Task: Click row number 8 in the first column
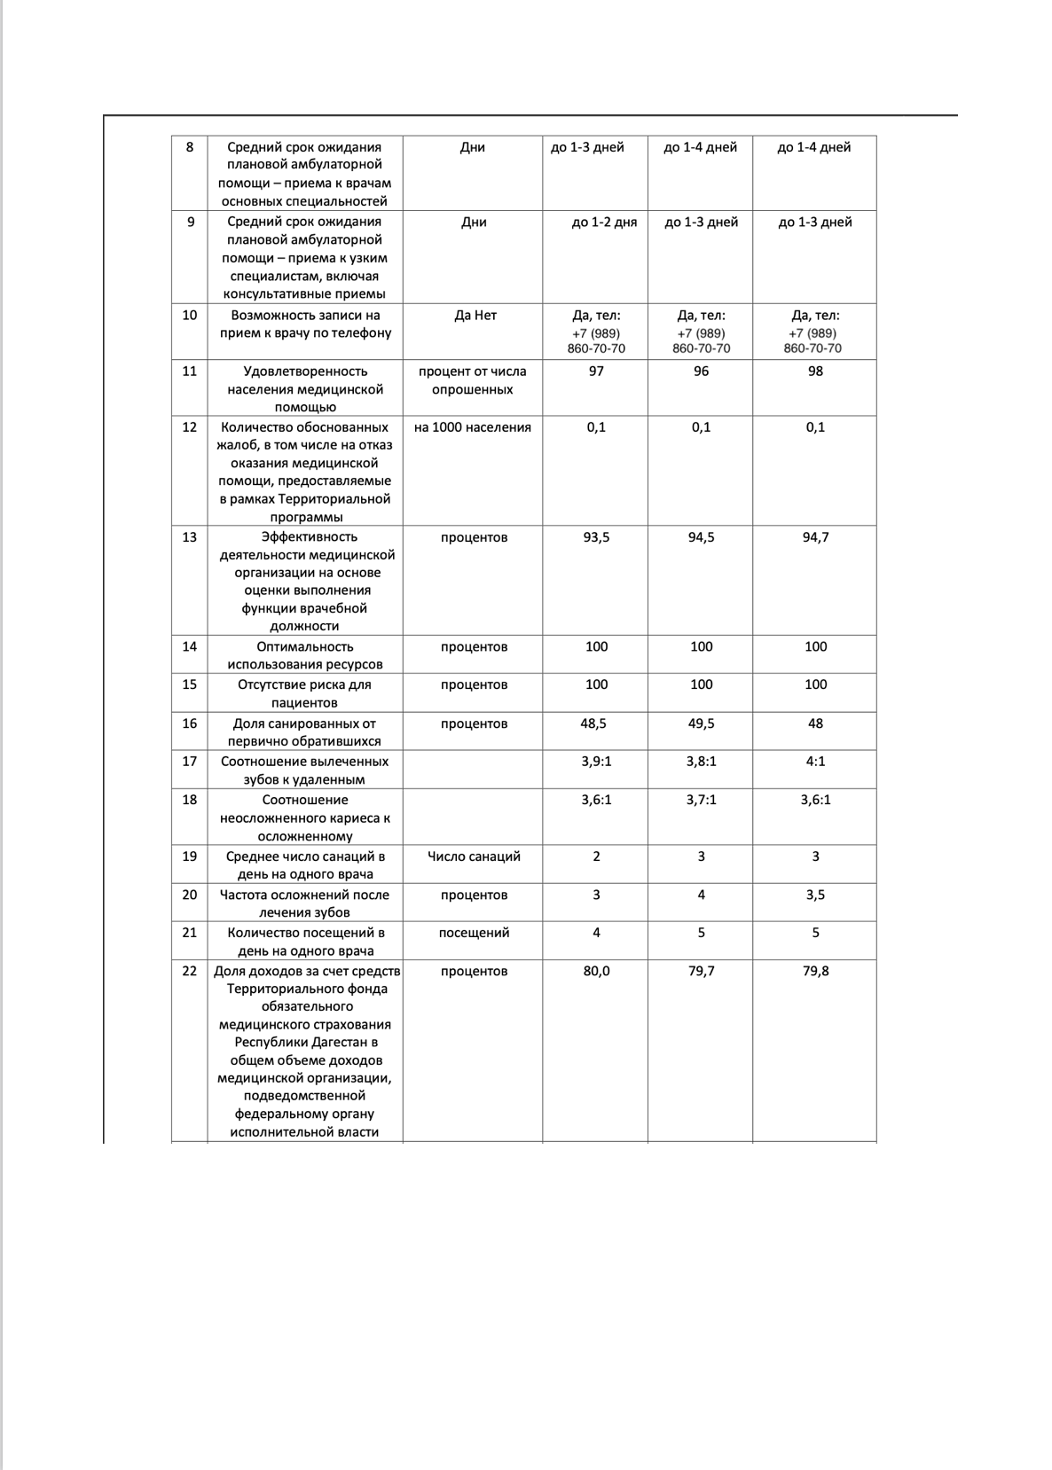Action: tap(189, 147)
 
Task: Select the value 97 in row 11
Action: tap(596, 371)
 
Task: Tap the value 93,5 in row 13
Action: tap(596, 537)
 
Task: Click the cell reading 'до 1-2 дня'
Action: tap(604, 223)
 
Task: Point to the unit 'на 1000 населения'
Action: tap(473, 427)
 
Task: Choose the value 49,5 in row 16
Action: tap(701, 723)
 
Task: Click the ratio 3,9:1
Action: tap(596, 762)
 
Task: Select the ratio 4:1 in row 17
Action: tap(815, 762)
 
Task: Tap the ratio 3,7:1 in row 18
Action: tap(701, 800)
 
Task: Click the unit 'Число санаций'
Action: tap(474, 856)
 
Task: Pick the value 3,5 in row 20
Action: tap(815, 895)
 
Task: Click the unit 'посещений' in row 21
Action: tap(474, 933)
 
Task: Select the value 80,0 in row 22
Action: tap(596, 971)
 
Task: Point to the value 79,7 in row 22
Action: tap(701, 971)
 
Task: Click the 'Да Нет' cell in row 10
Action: tap(475, 316)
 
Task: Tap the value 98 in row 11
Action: tap(815, 371)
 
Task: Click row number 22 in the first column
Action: tap(189, 971)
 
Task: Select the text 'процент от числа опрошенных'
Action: tap(473, 380)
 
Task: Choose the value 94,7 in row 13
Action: tap(815, 537)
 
